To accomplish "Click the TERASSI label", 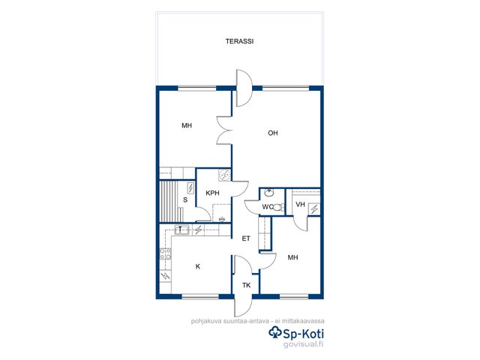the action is coord(239,41).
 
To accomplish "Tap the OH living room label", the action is coord(273,133).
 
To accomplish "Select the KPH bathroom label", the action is coord(212,193).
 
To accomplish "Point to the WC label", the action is coord(267,207).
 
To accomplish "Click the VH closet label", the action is coord(300,204).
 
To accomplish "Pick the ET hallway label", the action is coord(246,238).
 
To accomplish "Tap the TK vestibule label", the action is coord(247,285).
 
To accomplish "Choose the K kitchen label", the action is coord(198,267).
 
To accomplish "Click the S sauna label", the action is coord(185,200).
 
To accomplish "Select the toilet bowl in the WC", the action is coord(277,208).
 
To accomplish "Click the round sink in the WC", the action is coord(269,193).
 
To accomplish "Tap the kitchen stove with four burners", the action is coord(166,253).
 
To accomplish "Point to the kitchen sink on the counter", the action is coord(181,229).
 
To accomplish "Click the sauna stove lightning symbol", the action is coord(190,188).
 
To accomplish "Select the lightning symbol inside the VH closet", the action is coord(314,209).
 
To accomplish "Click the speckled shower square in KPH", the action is coord(225,175).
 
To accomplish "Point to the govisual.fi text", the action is coord(303,344).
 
